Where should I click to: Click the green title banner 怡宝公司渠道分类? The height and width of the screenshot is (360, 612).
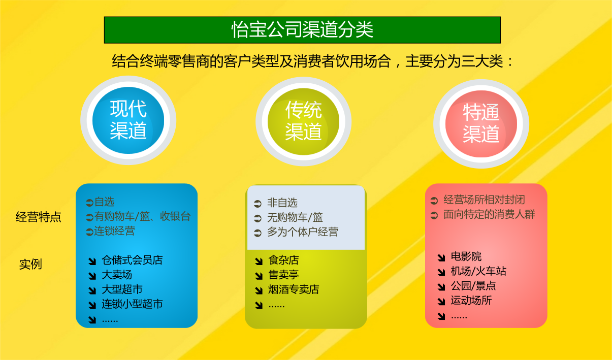point(302,30)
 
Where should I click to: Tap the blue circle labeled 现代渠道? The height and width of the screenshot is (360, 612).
point(128,120)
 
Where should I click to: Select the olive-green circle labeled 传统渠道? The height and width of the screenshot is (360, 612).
point(303,121)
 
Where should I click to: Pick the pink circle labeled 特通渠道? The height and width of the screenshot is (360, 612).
point(481,124)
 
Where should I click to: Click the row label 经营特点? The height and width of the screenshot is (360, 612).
point(38,217)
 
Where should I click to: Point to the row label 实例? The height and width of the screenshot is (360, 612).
point(30,264)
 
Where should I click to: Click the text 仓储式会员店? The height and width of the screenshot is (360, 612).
point(132,260)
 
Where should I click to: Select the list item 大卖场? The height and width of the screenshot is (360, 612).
point(117,275)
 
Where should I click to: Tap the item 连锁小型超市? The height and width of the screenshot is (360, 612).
point(132,304)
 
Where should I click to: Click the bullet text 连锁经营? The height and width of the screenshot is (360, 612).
point(114,231)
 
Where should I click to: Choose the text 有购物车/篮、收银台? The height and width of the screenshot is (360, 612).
point(142,216)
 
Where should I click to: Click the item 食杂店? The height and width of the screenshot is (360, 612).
point(283,260)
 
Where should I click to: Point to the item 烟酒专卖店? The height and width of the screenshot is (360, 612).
point(294,289)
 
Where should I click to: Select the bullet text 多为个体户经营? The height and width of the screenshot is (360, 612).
point(303,232)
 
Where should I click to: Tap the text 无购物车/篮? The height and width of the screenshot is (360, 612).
point(295,217)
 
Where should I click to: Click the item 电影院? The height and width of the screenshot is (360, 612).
point(466,256)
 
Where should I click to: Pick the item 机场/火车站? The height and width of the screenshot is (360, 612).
point(478,271)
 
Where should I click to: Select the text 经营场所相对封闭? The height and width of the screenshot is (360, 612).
point(484,200)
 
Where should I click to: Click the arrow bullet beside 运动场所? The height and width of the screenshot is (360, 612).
point(441,301)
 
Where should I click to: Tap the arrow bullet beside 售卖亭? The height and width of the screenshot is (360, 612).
point(259,276)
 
